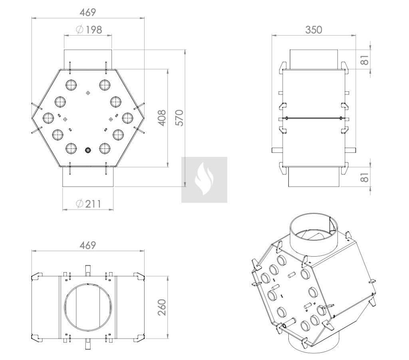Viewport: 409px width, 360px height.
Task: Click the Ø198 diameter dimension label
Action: pos(89,30)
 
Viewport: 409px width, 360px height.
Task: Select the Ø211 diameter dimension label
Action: pos(88,204)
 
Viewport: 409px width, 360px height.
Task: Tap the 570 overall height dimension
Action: pos(179,118)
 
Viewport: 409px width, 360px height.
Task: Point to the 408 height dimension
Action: pos(162,118)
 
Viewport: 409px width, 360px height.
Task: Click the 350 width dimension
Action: pos(314,30)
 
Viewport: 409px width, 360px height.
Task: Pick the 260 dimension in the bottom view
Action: pos(162,307)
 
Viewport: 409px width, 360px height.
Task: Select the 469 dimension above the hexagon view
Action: pos(87,12)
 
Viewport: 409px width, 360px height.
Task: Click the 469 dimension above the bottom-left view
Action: pos(87,245)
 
